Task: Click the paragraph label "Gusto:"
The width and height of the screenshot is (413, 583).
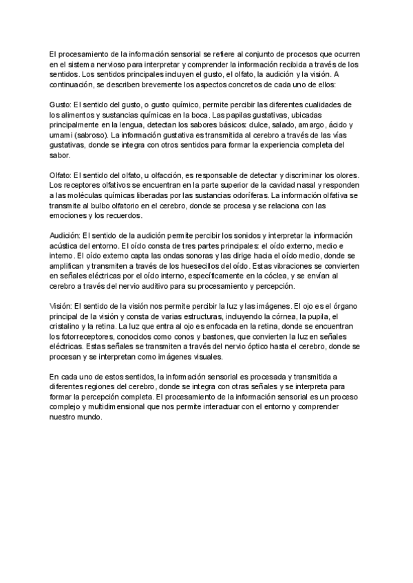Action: pos(61,104)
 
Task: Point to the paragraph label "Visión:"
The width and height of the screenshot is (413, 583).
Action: pos(61,306)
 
